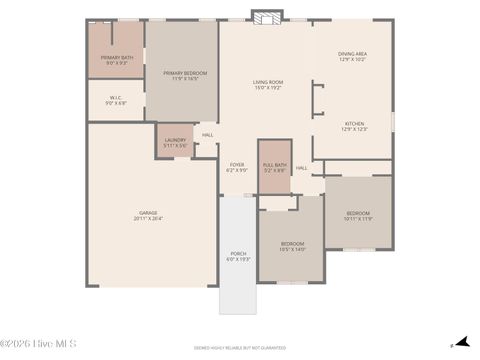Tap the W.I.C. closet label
coord(116,99)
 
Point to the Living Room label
coord(267,85)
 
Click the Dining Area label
coord(352,56)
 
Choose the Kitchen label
coord(355,125)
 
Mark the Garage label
coord(148,212)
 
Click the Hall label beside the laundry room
coord(208,135)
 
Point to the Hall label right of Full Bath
coord(301,168)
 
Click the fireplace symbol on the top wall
coord(265,18)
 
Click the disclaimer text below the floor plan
coord(240,347)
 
